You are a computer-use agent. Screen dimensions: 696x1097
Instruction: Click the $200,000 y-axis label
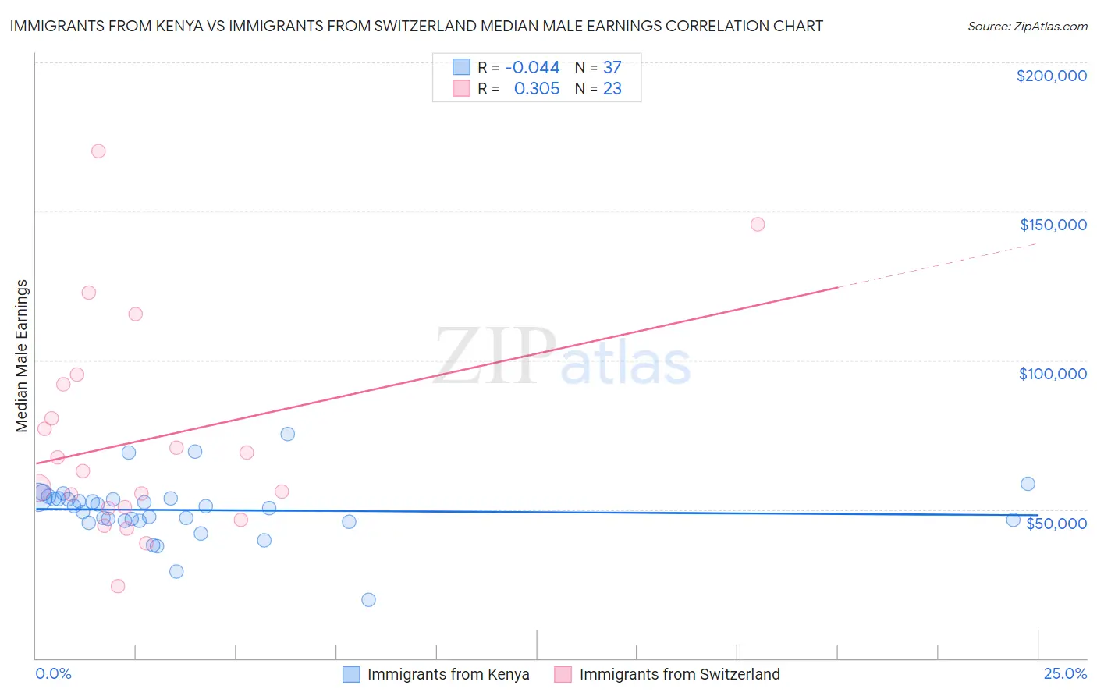[x=1051, y=76]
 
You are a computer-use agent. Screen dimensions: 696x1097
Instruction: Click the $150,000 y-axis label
[x=1053, y=225]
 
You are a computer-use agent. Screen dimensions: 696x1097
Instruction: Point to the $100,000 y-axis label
[x=1053, y=374]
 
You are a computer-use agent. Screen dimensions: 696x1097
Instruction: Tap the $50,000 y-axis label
[x=1056, y=523]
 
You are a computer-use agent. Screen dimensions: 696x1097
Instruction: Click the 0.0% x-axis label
[x=53, y=673]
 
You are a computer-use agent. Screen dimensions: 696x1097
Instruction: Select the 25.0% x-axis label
[x=1065, y=673]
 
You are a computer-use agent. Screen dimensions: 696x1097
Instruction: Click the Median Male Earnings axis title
[x=22, y=356]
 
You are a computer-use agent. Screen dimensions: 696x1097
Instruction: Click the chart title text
[x=416, y=26]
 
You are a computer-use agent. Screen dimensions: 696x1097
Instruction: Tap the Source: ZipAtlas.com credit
[x=1027, y=27]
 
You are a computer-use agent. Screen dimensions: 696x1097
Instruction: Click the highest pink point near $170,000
[x=98, y=151]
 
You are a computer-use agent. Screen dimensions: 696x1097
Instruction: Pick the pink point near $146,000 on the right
[x=757, y=225]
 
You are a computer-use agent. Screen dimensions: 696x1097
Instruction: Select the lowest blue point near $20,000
[x=368, y=600]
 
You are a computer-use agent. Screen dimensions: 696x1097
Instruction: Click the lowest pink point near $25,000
[x=118, y=586]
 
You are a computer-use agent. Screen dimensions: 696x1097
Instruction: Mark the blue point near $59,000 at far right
[x=1028, y=484]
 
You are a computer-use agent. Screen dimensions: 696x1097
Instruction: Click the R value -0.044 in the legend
[x=532, y=68]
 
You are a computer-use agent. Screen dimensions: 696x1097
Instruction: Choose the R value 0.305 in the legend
[x=536, y=89]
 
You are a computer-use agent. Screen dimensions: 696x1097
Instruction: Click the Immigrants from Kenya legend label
[x=448, y=674]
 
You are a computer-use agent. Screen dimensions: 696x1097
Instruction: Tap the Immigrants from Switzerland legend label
[x=679, y=674]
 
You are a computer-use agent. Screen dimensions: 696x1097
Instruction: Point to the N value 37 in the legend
[x=612, y=68]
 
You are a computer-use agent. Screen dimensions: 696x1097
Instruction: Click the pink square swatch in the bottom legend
[x=563, y=674]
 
